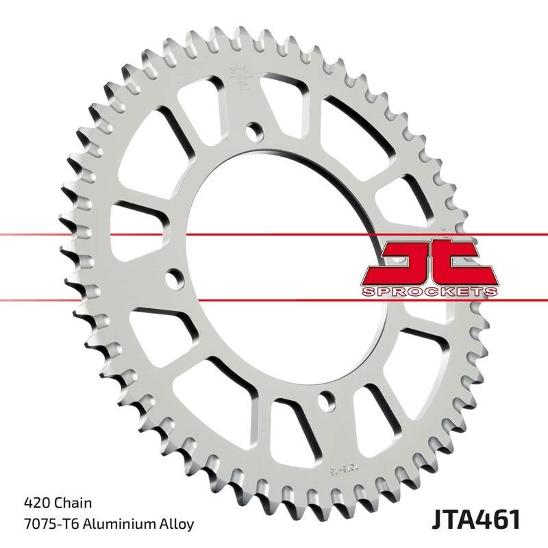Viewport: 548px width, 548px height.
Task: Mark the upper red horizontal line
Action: point(68,236)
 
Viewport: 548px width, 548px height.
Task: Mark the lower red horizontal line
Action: point(68,299)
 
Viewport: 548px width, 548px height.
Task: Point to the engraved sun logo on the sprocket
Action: point(240,75)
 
